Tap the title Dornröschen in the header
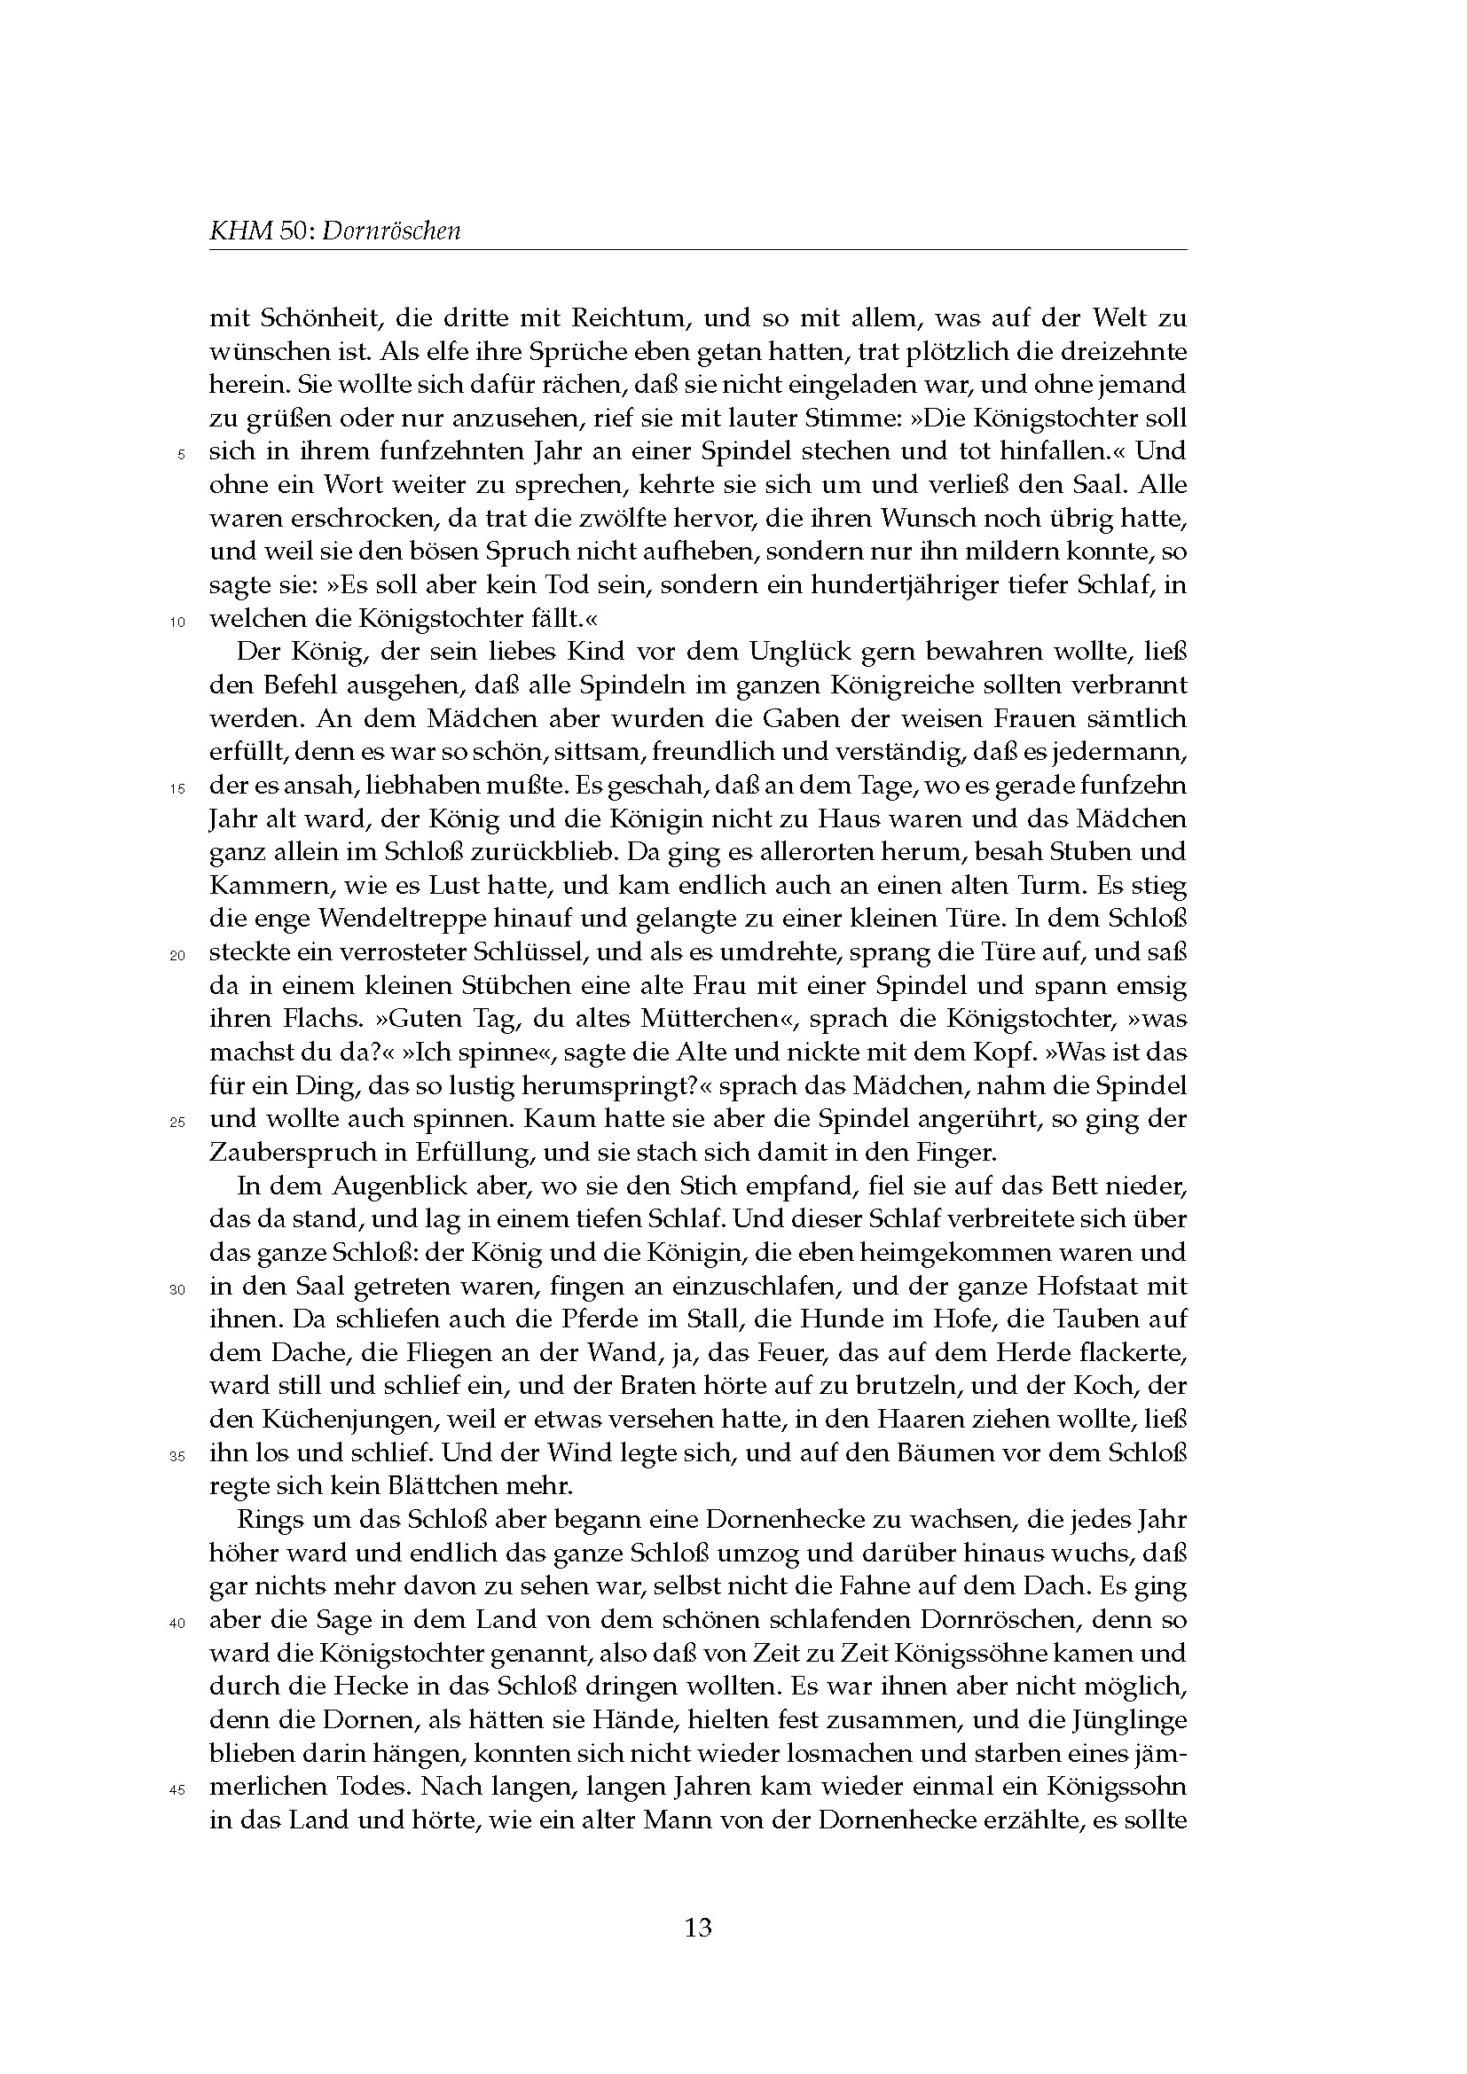[x=391, y=231]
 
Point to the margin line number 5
[x=181, y=455]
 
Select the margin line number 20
[x=177, y=956]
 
